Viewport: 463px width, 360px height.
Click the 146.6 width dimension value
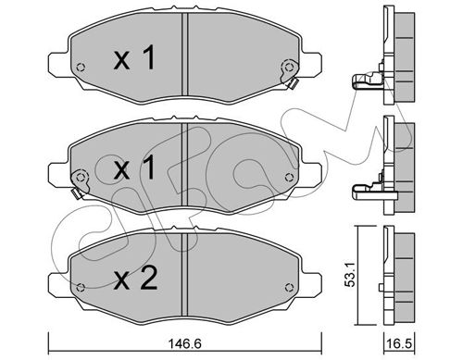tap(184, 343)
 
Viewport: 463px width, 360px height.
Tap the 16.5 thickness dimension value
tap(400, 343)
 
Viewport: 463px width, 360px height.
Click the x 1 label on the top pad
tap(134, 57)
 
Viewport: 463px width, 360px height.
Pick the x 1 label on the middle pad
tap(134, 168)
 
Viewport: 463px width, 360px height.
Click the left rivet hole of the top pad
tap(81, 67)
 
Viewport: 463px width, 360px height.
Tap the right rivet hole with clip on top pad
tap(289, 67)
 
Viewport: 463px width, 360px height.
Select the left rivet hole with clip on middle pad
tap(81, 177)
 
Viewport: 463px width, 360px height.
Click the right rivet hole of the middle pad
tap(289, 177)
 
